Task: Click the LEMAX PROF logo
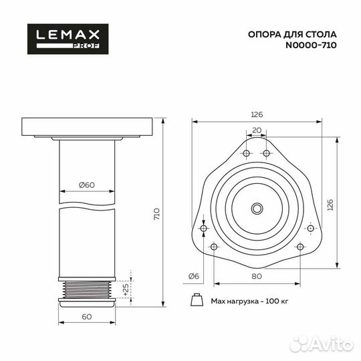click(68, 39)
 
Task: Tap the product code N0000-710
click(311, 45)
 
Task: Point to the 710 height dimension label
click(156, 214)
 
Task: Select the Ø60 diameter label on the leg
click(87, 185)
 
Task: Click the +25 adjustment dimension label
click(126, 289)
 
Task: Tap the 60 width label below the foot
click(87, 317)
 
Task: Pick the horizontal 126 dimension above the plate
click(257, 114)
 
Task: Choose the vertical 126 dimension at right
click(330, 205)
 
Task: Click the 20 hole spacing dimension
click(257, 130)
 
